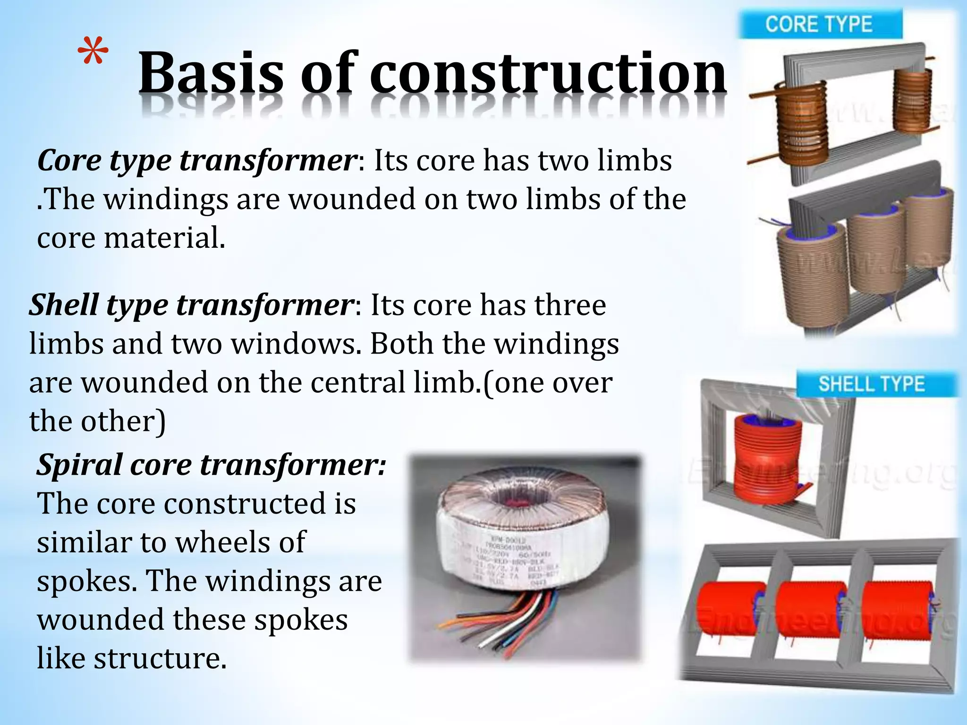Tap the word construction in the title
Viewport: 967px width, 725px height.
[x=548, y=74]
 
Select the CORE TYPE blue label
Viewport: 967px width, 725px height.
[x=819, y=25]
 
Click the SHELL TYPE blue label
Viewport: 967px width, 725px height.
[x=872, y=384]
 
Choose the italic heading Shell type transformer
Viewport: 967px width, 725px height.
[x=191, y=305]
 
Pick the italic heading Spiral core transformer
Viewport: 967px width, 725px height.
[x=212, y=465]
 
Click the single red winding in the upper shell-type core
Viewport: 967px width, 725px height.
[x=767, y=455]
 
